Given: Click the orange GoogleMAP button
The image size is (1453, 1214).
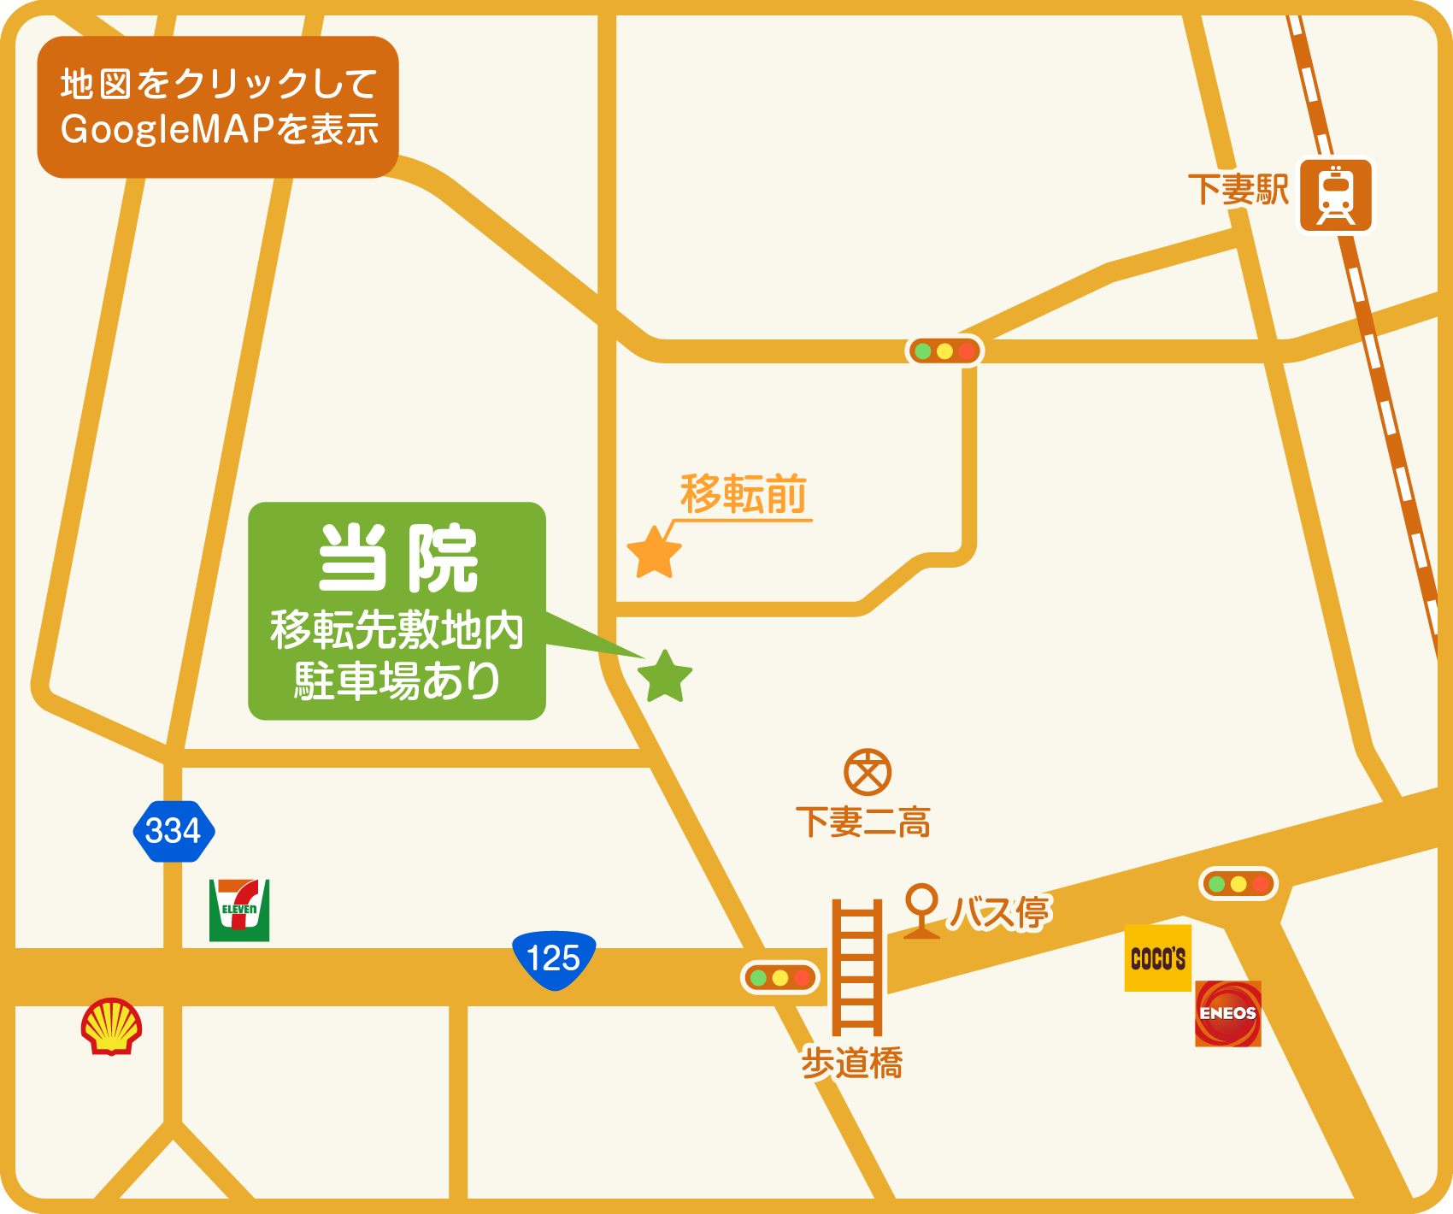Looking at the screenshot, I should tap(218, 107).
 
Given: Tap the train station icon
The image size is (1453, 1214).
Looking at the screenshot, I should tap(1335, 195).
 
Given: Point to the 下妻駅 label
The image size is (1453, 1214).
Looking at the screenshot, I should tap(1238, 189).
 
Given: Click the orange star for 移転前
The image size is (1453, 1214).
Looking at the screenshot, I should tap(654, 553).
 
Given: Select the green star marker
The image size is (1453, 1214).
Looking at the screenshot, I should tap(665, 676).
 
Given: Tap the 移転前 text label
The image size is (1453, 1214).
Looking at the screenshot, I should tap(743, 494).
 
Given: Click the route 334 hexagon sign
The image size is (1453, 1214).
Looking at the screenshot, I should tap(174, 831).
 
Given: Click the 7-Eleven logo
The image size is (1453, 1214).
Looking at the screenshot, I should tap(239, 910).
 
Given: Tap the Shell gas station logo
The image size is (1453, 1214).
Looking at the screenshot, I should tap(111, 1026).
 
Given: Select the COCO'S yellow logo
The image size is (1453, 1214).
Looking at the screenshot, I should tap(1157, 958).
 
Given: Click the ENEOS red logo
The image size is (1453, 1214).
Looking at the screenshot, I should tap(1227, 1014).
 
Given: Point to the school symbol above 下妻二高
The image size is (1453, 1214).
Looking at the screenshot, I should tap(868, 773).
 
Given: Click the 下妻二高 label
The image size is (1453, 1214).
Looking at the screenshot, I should tap(863, 822).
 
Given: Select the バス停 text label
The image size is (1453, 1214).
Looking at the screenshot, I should tap(1000, 912).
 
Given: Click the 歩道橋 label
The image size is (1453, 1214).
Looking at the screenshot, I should tap(852, 1064).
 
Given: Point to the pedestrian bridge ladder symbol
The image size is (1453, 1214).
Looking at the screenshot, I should tap(857, 967).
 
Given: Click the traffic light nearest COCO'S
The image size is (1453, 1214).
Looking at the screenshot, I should tap(1238, 884).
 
